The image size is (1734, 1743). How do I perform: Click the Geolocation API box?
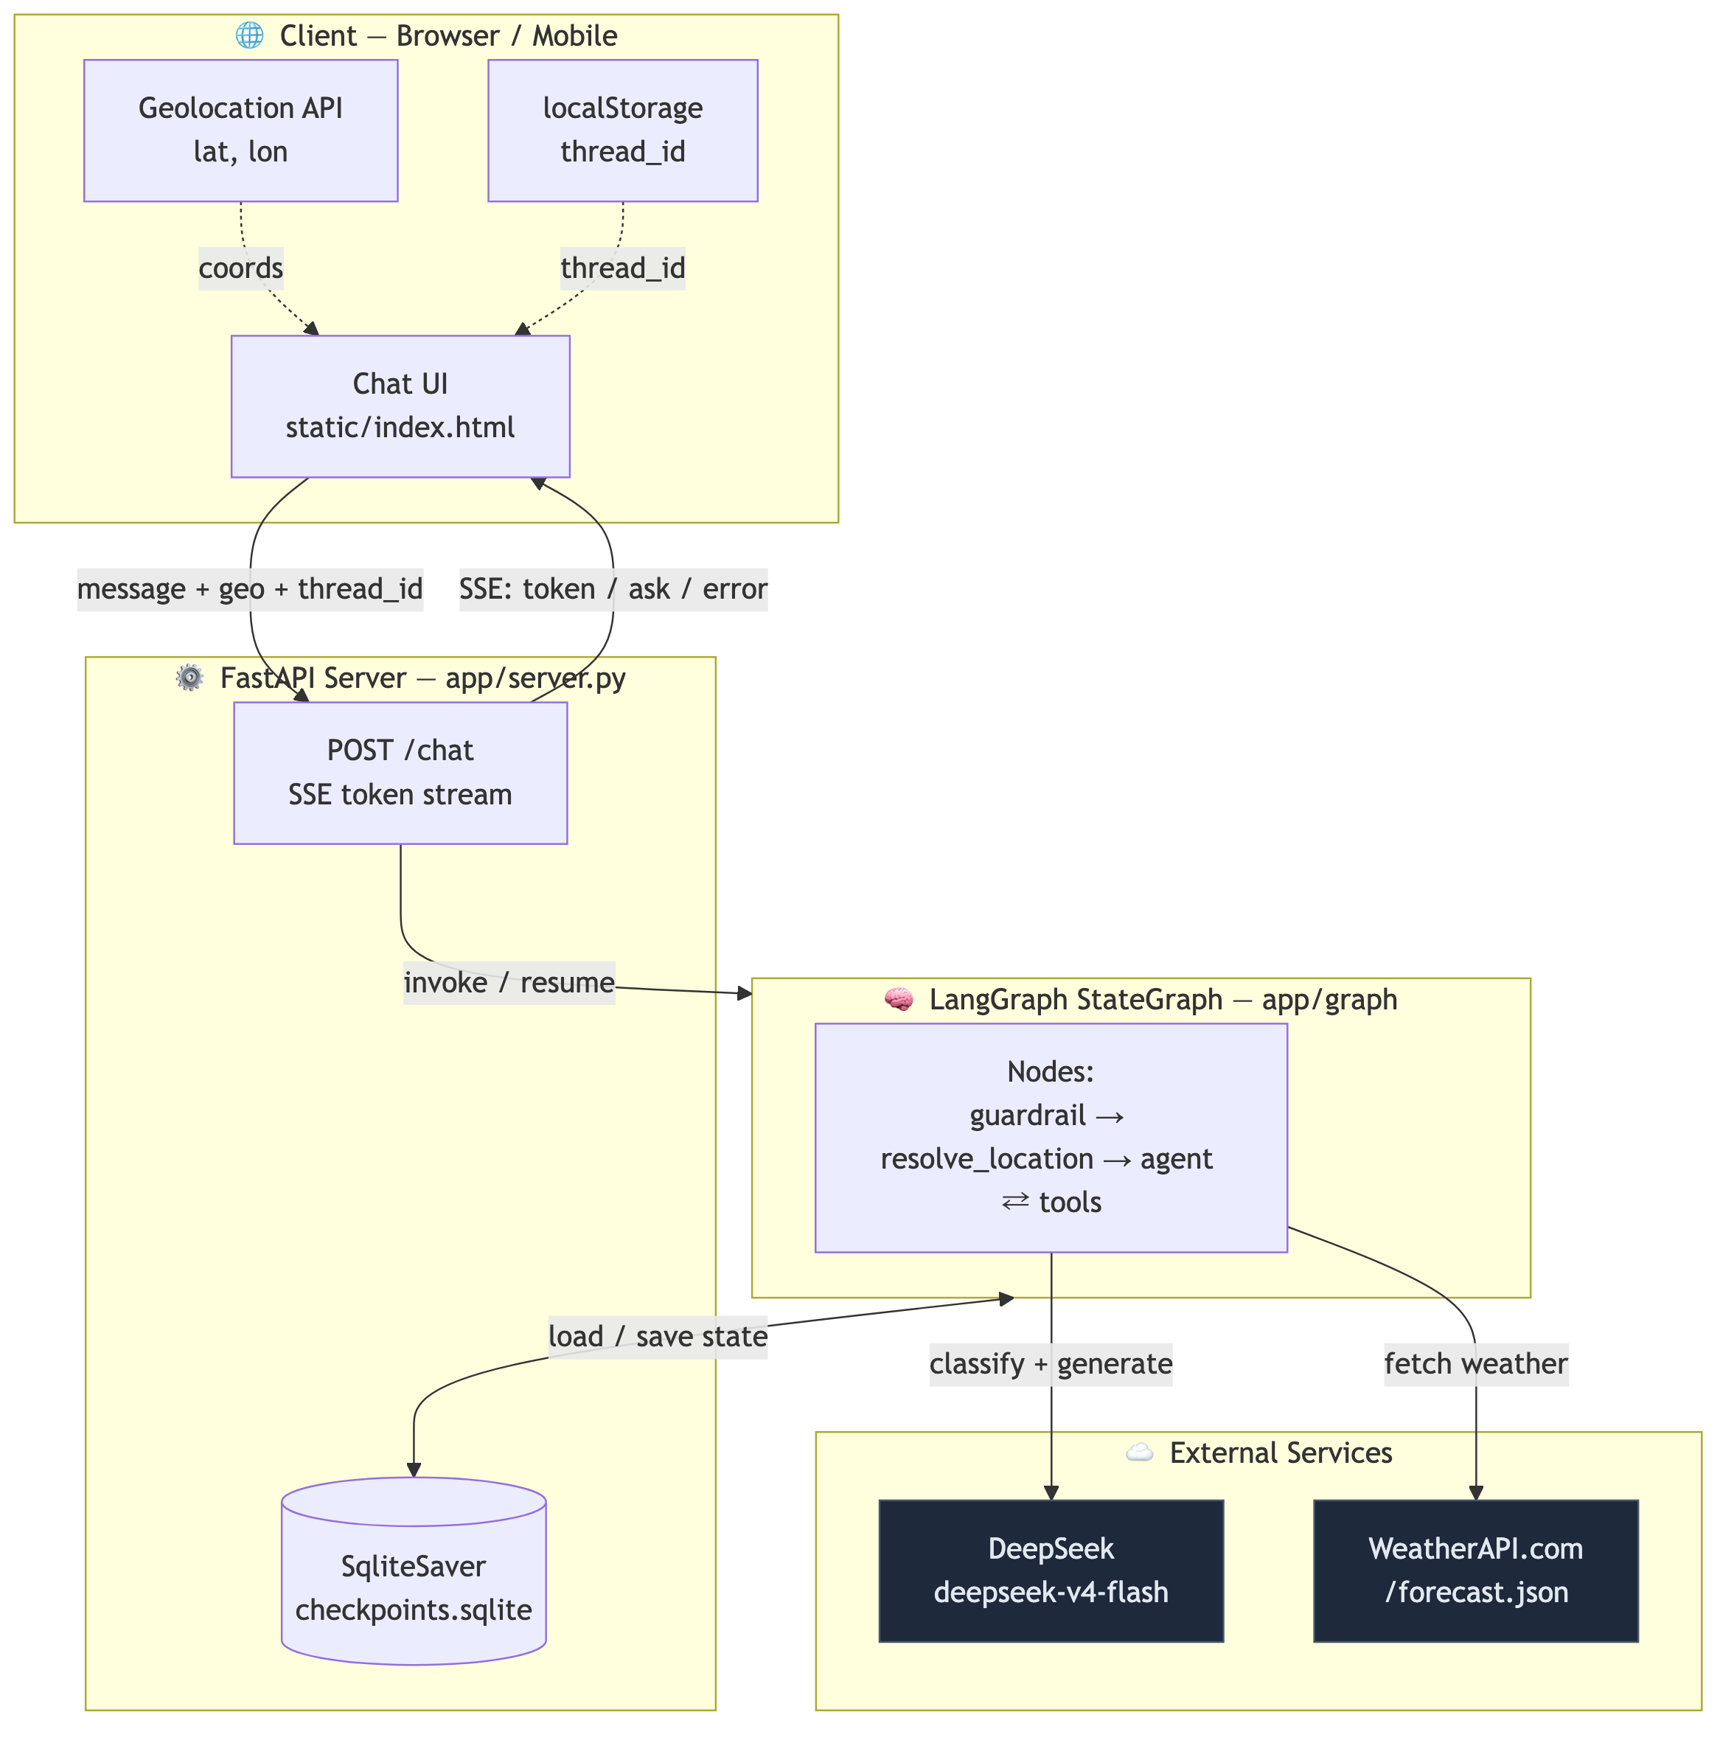(241, 131)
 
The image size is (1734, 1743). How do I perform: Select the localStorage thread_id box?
(622, 131)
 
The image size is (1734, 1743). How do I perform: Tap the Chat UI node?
(400, 406)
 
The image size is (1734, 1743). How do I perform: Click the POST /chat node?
(400, 773)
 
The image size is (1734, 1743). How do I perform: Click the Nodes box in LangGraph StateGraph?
(1051, 1138)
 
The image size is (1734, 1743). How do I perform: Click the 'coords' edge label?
(241, 268)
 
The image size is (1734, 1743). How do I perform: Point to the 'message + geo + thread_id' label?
(250, 589)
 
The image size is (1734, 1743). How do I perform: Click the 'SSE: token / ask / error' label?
(613, 589)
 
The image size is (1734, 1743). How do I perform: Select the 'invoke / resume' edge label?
(509, 983)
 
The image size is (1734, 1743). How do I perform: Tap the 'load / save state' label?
(658, 1336)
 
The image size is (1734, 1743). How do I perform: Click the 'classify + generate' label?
(1051, 1363)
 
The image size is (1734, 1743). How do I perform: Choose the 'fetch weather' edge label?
(1476, 1363)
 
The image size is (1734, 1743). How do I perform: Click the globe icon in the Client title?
(249, 35)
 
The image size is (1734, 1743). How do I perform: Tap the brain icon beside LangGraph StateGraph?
(899, 999)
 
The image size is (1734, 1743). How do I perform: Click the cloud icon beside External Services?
(1140, 1452)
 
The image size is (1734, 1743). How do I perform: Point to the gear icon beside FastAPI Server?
(189, 678)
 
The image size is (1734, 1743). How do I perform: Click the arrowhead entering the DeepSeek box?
(1051, 1493)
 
